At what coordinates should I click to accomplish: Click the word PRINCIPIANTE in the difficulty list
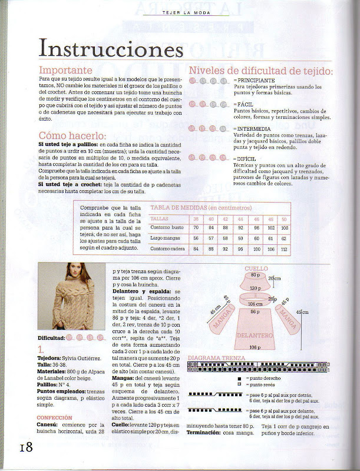[254, 79]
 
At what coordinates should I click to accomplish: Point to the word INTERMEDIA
[254, 128]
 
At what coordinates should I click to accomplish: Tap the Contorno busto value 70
[196, 227]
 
